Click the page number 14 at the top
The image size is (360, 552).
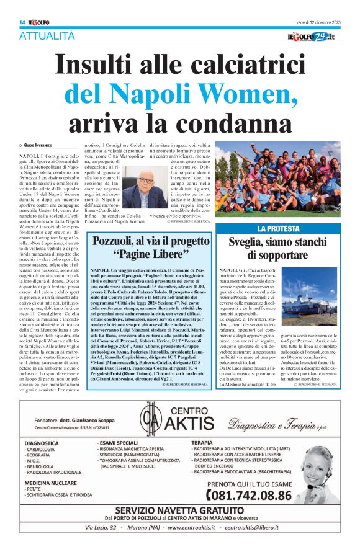point(22,22)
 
